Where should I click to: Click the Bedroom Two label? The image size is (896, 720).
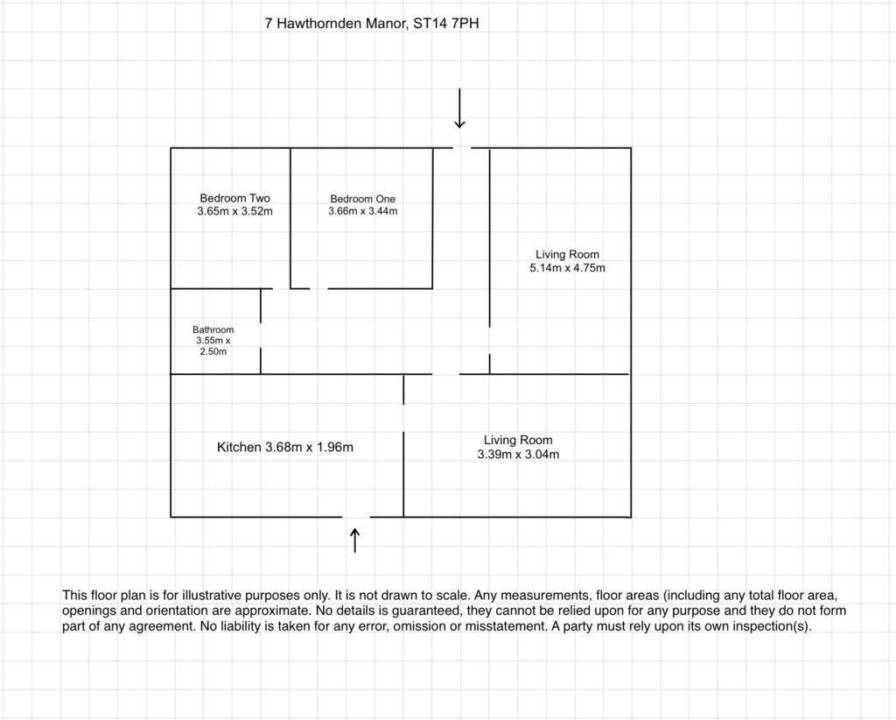234,198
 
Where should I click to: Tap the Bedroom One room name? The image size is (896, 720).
362,199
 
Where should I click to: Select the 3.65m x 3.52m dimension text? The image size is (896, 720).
234,211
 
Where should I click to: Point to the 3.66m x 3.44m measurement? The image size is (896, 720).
362,211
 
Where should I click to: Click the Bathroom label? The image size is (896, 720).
213,329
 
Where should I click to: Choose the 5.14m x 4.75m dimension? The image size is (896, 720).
567,268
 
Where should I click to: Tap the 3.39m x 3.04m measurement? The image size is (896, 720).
518,454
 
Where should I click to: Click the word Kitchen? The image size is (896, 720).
239,448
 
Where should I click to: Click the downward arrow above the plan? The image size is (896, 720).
459,111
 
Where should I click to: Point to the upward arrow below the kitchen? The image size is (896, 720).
354,539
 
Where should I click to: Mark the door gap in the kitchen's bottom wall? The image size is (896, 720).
356,517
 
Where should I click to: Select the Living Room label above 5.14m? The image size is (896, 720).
567,255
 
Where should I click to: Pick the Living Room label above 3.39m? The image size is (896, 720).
518,440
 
